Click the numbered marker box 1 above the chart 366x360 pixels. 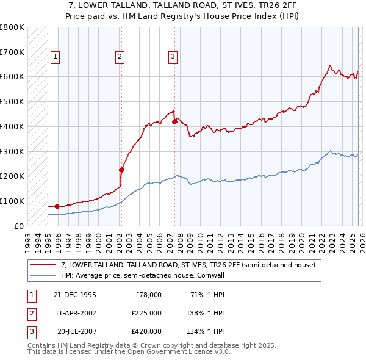click(55, 57)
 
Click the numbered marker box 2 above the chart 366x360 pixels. click(120, 57)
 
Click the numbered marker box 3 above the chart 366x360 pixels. click(173, 57)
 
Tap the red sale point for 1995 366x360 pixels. click(57, 206)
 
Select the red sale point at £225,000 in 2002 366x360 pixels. click(121, 170)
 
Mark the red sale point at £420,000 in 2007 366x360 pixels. click(174, 121)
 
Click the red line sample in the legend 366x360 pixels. click(43, 265)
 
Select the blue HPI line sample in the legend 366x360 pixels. click(43, 275)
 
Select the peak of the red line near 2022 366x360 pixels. click(329, 66)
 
